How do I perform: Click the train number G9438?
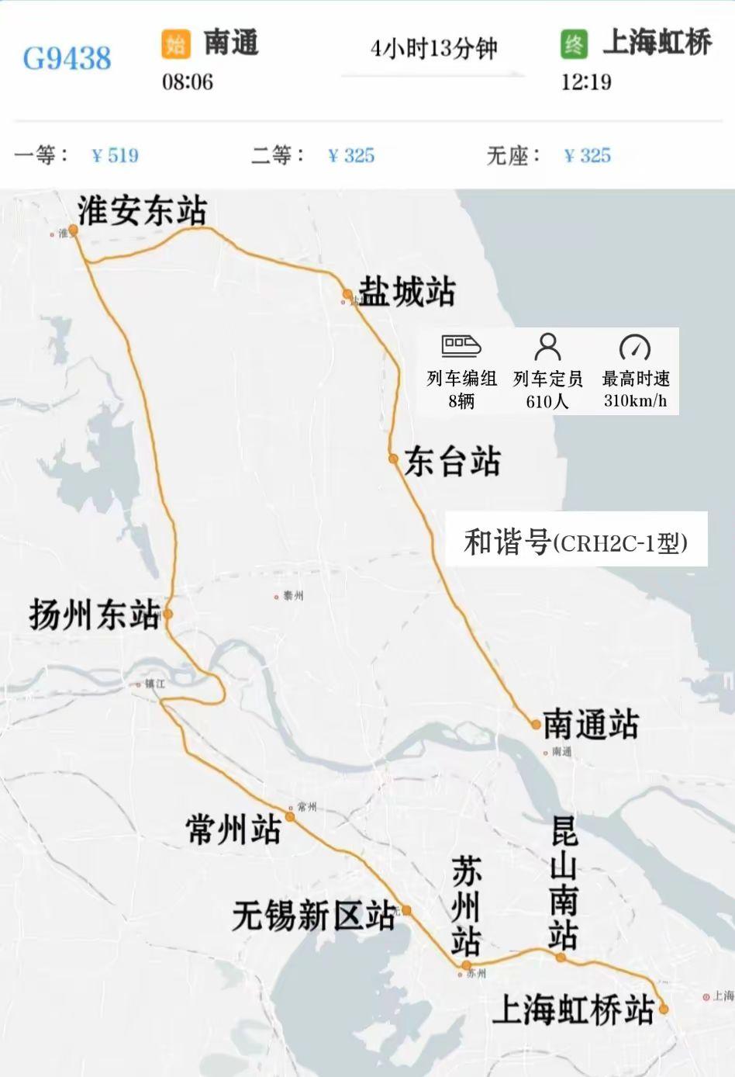[x=67, y=58]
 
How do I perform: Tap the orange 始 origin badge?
[x=176, y=43]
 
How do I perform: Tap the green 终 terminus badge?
[x=575, y=43]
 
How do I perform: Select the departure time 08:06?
[x=187, y=81]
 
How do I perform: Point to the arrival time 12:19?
[x=586, y=81]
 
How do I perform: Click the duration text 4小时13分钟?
[x=433, y=49]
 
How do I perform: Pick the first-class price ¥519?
[x=115, y=155]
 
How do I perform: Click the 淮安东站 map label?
[x=143, y=210]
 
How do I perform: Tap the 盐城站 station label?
[x=406, y=293]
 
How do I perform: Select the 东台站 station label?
[x=453, y=462]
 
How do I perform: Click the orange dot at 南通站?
[x=536, y=725]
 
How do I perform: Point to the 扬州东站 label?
[x=95, y=615]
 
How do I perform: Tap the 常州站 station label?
[x=233, y=829]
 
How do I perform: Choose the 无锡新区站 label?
[x=314, y=916]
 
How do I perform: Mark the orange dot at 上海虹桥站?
[x=664, y=1009]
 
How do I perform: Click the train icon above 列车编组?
[x=461, y=346]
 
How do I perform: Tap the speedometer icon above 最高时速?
[x=635, y=347]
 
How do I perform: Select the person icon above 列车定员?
[x=547, y=346]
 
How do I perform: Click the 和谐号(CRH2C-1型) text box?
[x=575, y=541]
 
